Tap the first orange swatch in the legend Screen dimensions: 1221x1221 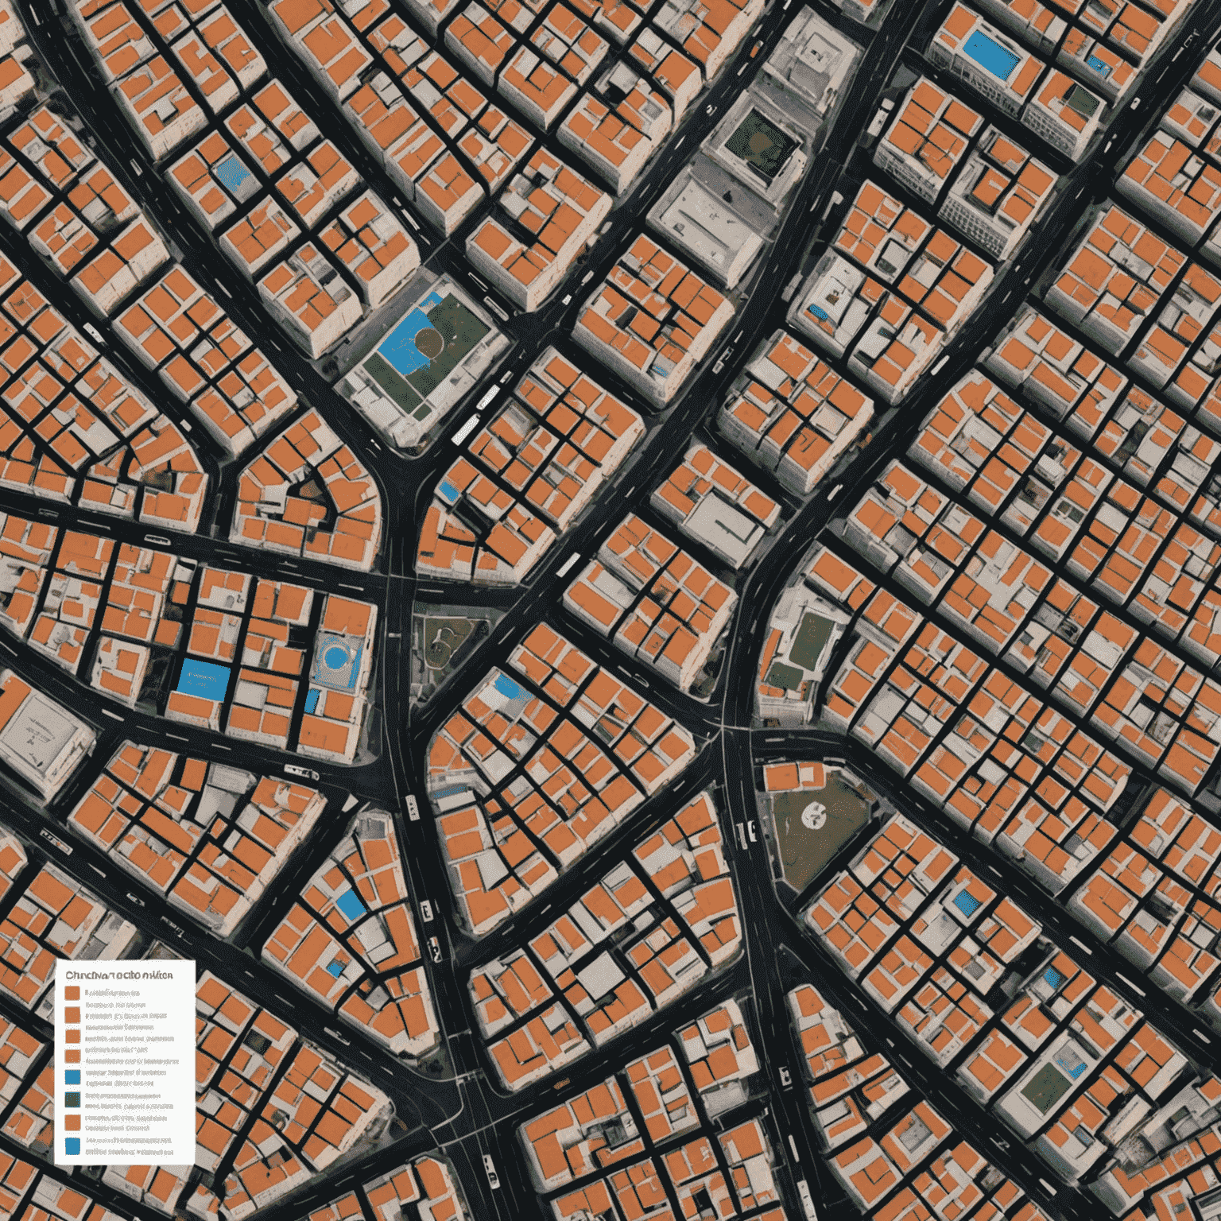72,993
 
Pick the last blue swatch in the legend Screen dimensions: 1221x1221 72,1145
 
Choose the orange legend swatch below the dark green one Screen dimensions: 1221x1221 72,1122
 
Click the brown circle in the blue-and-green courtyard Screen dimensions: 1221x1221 429,343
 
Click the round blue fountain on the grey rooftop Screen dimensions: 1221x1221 335,657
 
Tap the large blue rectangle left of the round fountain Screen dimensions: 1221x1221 204,680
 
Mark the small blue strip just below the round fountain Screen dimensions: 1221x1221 312,700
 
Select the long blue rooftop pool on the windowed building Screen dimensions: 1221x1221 989,54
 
